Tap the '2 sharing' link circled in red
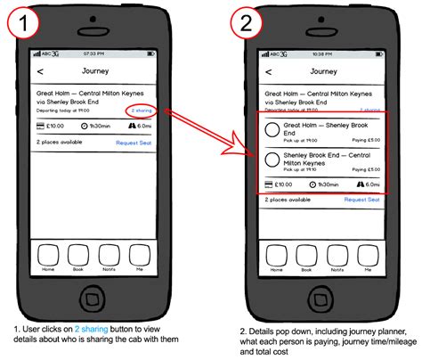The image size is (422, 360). click(x=142, y=111)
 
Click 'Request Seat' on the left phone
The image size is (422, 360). click(x=134, y=143)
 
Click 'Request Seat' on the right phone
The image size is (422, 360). click(x=362, y=200)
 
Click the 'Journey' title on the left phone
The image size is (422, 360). click(x=96, y=70)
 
